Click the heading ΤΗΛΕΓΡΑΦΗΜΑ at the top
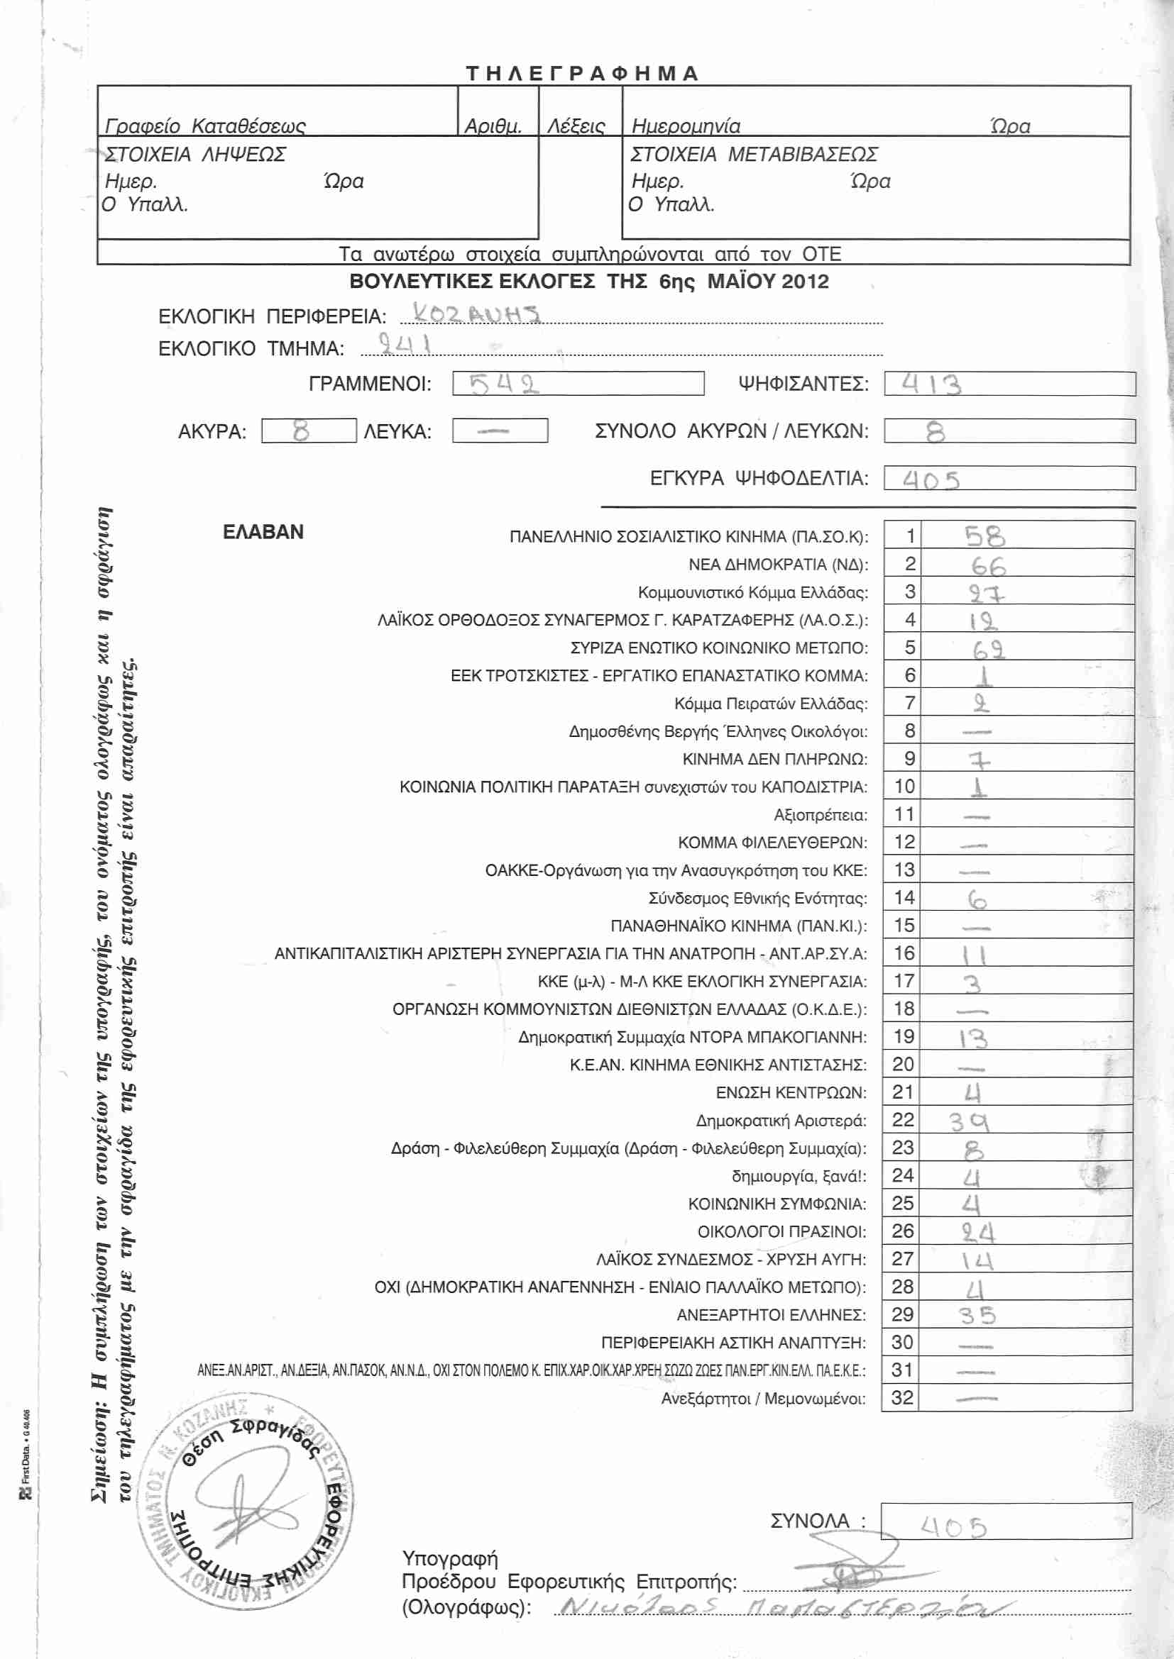pos(582,74)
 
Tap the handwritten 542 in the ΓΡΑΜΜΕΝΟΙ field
pos(504,384)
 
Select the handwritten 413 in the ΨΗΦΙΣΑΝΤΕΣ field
pos(932,384)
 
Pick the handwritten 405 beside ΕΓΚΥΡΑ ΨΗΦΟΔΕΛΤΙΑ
pos(931,479)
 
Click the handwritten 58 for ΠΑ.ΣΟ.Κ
pos(984,537)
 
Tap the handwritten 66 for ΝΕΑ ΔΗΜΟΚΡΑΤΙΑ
pos(987,565)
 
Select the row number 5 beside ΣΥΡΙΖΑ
pos(909,648)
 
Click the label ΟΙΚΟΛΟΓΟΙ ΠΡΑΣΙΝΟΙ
pos(781,1231)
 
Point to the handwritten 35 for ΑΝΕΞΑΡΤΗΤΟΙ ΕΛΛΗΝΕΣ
pos(978,1316)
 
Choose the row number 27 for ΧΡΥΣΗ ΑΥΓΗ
pos(902,1259)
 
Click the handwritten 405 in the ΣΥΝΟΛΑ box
pos(953,1527)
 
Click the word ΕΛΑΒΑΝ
pos(263,532)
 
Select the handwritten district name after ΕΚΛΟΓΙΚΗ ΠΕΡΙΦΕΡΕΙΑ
pos(476,314)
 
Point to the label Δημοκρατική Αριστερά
pos(781,1121)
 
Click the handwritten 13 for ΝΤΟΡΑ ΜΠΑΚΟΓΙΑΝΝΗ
pos(973,1039)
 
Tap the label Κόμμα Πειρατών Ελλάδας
pos(771,704)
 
